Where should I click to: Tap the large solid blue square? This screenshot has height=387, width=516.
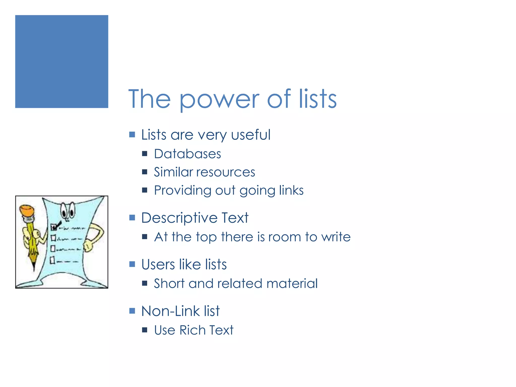pyautogui.click(x=62, y=61)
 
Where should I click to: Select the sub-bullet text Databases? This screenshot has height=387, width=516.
pyautogui.click(x=187, y=154)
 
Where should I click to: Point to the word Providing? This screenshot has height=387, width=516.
pyautogui.click(x=182, y=190)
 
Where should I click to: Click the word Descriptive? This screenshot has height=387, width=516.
pyautogui.click(x=179, y=218)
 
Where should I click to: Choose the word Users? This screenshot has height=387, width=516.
pyautogui.click(x=158, y=265)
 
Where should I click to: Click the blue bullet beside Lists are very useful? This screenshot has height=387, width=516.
pyautogui.click(x=132, y=134)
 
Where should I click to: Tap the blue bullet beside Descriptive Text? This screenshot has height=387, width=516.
pyautogui.click(x=132, y=217)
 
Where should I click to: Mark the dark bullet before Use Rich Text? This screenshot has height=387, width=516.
pyautogui.click(x=144, y=330)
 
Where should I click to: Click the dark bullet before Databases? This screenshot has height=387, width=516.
pyautogui.click(x=144, y=154)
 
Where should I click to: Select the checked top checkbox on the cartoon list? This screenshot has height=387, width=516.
pyautogui.click(x=54, y=227)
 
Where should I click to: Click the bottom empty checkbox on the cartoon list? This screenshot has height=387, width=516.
pyautogui.click(x=52, y=260)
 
